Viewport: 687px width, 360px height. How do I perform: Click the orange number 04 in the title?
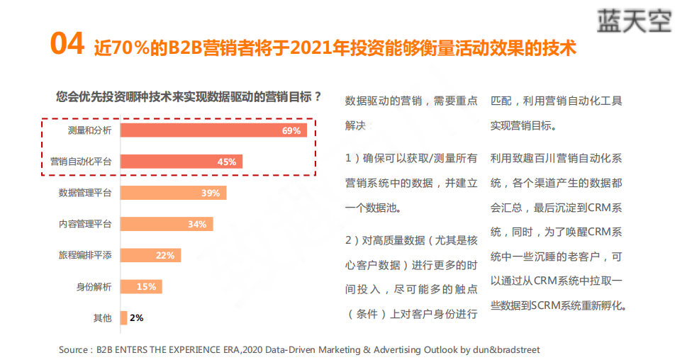pos(67,45)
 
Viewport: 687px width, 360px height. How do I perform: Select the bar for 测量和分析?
pos(213,130)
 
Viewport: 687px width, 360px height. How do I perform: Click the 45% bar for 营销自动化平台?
pos(181,162)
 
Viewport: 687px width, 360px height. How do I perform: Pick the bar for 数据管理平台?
pos(173,193)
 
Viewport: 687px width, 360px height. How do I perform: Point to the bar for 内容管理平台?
pos(166,224)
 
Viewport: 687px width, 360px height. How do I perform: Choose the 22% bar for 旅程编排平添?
pos(150,255)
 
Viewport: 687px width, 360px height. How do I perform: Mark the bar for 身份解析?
pos(141,286)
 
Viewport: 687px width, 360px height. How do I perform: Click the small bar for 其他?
pos(123,317)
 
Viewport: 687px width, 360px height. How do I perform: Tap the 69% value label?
pos(291,130)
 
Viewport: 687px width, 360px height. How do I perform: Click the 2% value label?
pos(136,317)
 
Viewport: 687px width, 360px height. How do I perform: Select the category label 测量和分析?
pos(90,130)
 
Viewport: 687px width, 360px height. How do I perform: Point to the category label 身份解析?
pos(94,286)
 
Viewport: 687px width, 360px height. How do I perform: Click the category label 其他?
pos(103,317)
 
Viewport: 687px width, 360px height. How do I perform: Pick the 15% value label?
pos(146,286)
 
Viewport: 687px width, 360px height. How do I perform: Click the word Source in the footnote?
pos(74,349)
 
